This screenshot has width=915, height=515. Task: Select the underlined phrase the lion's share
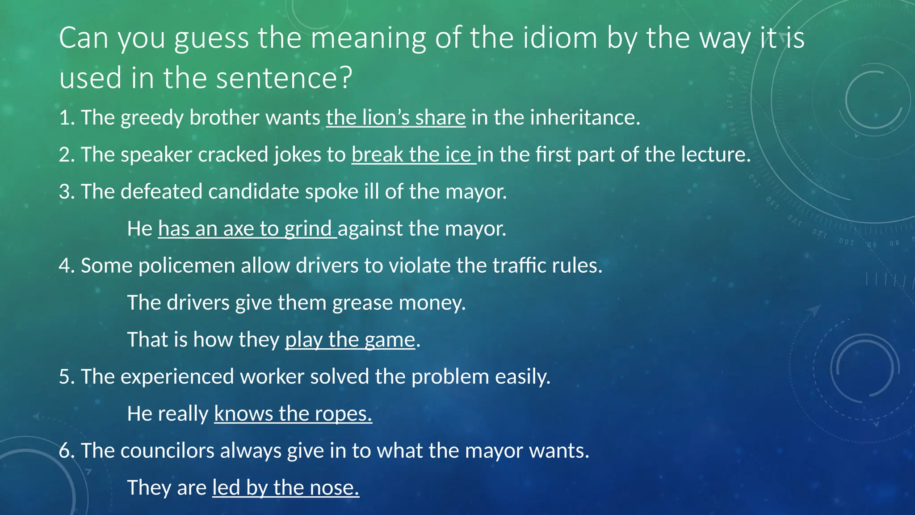[396, 118]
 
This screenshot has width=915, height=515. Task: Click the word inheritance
[585, 118]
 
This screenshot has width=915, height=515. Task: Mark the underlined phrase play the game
[350, 340]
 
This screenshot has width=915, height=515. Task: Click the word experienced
[177, 377]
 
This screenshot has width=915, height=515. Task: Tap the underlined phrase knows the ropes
[293, 414]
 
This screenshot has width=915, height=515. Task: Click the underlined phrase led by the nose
[285, 488]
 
